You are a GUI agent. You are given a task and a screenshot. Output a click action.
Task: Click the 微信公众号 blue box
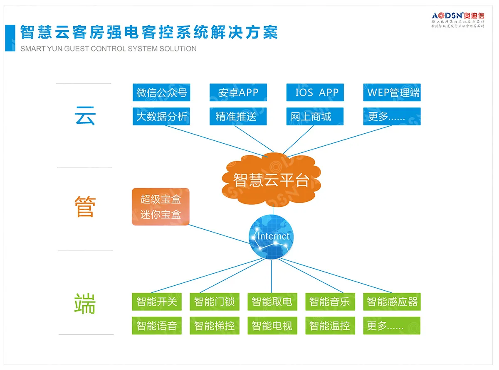coord(161,92)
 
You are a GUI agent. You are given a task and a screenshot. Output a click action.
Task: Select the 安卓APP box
coord(238,92)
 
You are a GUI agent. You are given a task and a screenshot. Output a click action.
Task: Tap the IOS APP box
coord(315,92)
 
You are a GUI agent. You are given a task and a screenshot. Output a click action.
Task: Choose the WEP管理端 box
coord(392,92)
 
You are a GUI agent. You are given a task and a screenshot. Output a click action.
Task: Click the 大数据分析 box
coord(161,116)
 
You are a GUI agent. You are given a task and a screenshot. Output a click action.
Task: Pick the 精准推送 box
coord(238,116)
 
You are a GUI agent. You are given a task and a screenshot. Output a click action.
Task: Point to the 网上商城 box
coord(315,116)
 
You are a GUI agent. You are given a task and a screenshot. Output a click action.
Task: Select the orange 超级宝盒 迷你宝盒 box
coord(161,207)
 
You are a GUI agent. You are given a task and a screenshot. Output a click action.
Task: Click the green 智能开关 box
coord(157,301)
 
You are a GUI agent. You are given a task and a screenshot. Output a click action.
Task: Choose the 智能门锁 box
coord(214,301)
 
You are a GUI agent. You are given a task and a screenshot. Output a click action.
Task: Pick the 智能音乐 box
coord(329,301)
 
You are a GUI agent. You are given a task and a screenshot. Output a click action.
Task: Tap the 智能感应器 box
coord(392,301)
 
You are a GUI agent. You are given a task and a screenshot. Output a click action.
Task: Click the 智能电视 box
coord(272,326)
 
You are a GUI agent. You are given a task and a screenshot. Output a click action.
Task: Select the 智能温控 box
coord(329,326)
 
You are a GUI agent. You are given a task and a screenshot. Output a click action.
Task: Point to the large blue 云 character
coord(85,115)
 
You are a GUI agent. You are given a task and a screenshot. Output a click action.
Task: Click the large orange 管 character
coord(85,206)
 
